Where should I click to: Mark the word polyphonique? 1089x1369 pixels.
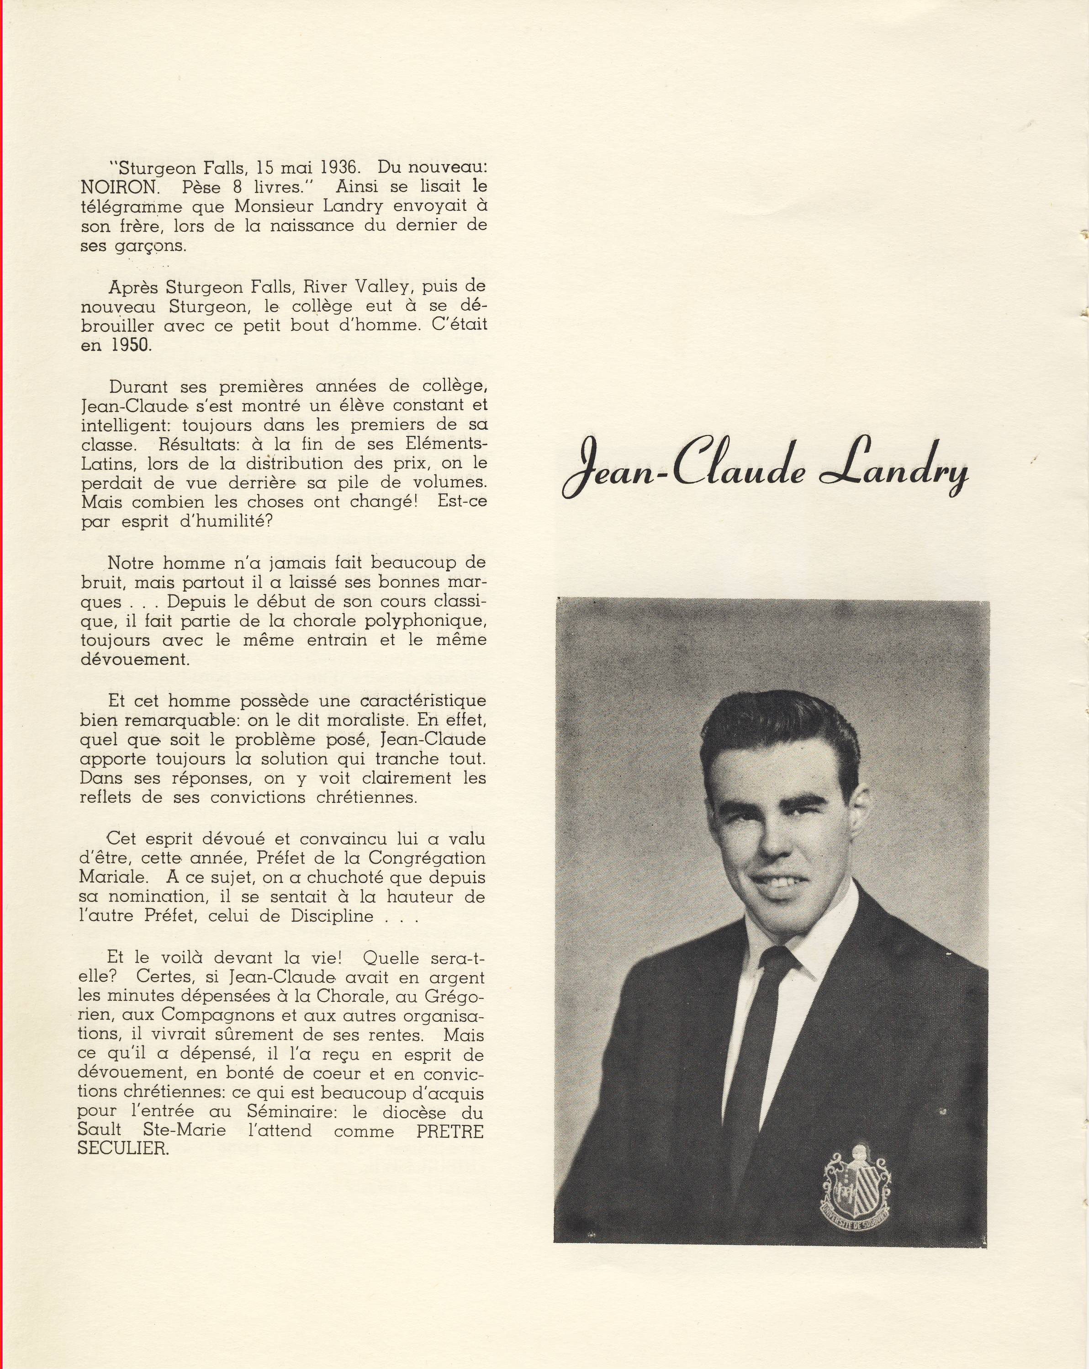coord(425,621)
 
